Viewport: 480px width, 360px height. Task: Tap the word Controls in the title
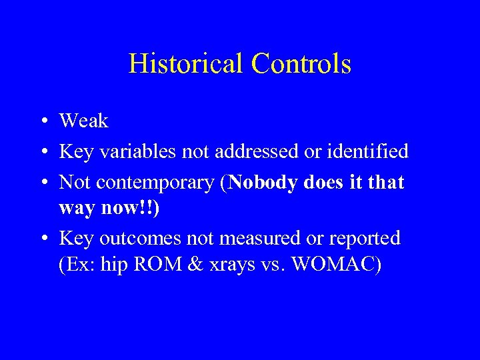pyautogui.click(x=301, y=64)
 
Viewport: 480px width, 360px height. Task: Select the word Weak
pyautogui.click(x=83, y=121)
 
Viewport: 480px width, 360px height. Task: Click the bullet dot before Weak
pyautogui.click(x=42, y=122)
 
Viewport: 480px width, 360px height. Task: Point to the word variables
pyautogui.click(x=135, y=151)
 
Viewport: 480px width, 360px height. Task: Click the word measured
pyautogui.click(x=264, y=238)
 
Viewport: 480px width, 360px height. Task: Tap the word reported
pyautogui.click(x=366, y=238)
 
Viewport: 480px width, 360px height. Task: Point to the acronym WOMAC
pyautogui.click(x=337, y=265)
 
